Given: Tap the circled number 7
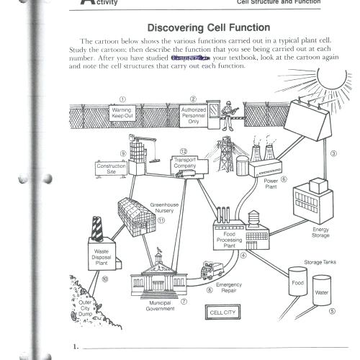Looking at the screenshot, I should click(x=184, y=302).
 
